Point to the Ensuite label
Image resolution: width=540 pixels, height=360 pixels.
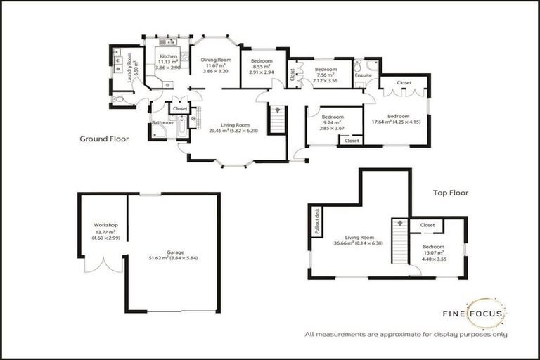coord(364,75)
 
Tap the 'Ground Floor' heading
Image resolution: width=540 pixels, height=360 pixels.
coord(104,139)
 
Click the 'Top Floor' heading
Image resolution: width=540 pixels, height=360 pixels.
coord(450,192)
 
